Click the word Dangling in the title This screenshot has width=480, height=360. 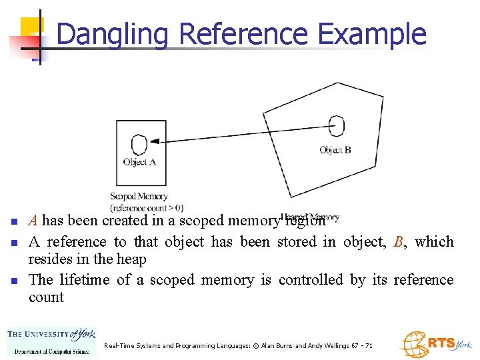(113, 34)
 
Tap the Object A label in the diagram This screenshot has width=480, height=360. (139, 162)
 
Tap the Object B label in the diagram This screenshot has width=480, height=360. (335, 150)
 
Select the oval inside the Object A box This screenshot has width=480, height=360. (139, 144)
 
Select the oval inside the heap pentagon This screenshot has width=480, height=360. (337, 125)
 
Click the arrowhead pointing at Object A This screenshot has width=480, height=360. (155, 141)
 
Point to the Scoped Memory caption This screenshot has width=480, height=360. (139, 197)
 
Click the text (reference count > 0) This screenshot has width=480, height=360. (147, 208)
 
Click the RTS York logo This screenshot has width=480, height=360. (435, 343)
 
